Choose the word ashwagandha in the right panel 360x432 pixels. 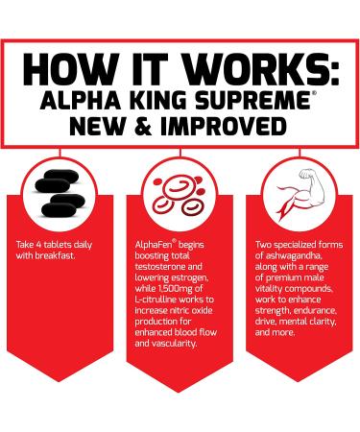pos(290,256)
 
